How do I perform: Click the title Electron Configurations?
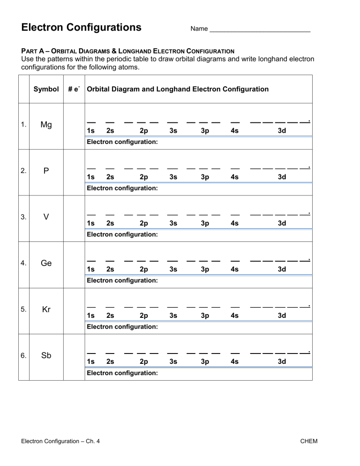tap(82, 27)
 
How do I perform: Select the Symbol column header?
tap(46, 89)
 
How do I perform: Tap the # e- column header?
tap(73, 89)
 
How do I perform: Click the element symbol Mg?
tap(46, 125)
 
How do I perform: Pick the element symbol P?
tap(46, 171)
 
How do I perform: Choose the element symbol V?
tap(46, 218)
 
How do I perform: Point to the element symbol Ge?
tap(46, 263)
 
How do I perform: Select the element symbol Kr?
tap(46, 310)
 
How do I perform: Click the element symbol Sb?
tap(46, 356)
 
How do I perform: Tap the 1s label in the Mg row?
tap(91, 131)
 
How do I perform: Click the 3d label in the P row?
tap(282, 177)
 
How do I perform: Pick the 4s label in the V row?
tap(235, 224)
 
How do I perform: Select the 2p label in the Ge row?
tap(144, 270)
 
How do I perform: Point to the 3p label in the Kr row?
tap(205, 316)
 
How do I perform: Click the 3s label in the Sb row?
tap(173, 362)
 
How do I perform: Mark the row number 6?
tap(23, 356)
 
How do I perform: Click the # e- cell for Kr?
tap(73, 310)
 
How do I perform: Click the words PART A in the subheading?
tap(34, 51)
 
